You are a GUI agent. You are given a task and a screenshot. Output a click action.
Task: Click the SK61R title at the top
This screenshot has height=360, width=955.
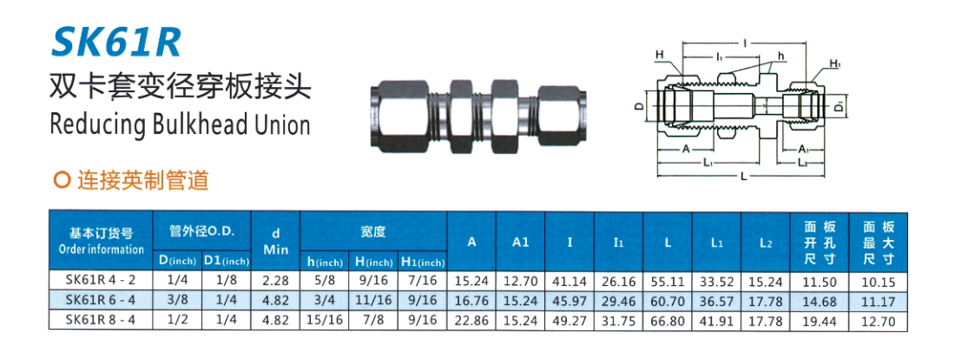point(115,43)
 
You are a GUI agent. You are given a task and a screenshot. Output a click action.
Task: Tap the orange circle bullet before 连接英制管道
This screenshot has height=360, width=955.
point(61,181)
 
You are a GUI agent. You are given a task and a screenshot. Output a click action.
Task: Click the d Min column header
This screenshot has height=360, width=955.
point(275,241)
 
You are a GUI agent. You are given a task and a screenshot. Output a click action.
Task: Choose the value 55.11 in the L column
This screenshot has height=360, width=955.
point(667,282)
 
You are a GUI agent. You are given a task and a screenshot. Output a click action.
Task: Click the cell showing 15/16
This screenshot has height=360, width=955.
point(324,320)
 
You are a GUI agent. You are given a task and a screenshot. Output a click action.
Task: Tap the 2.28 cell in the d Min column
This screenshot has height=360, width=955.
point(275,281)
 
